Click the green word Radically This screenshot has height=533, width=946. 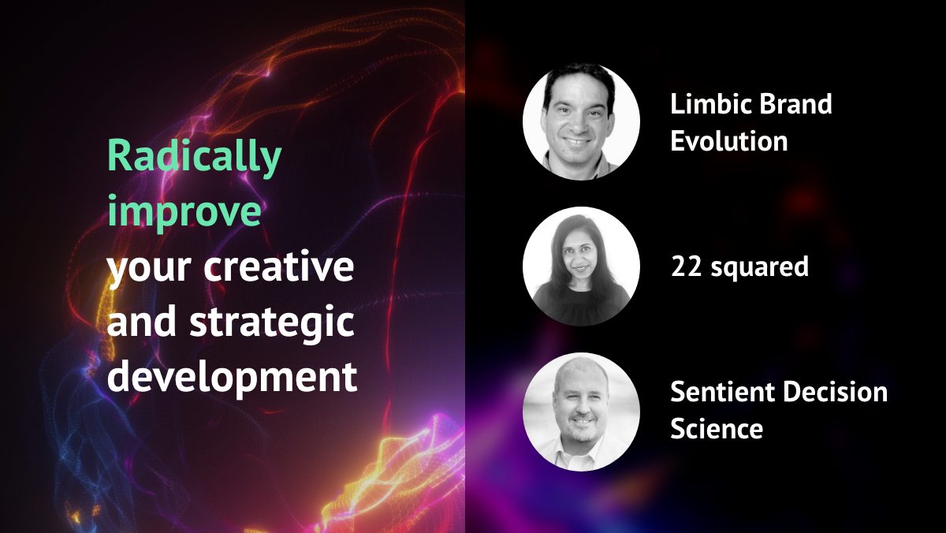(194, 157)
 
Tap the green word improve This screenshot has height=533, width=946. (184, 212)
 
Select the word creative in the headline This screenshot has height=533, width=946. (279, 268)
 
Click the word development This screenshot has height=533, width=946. (232, 378)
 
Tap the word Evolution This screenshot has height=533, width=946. (728, 141)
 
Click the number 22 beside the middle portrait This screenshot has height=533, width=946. (686, 266)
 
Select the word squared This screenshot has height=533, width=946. (761, 268)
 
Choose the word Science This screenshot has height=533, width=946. (716, 429)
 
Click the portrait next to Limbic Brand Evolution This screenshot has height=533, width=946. (581, 121)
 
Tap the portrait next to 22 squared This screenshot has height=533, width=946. (581, 266)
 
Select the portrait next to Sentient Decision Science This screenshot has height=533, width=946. (581, 411)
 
